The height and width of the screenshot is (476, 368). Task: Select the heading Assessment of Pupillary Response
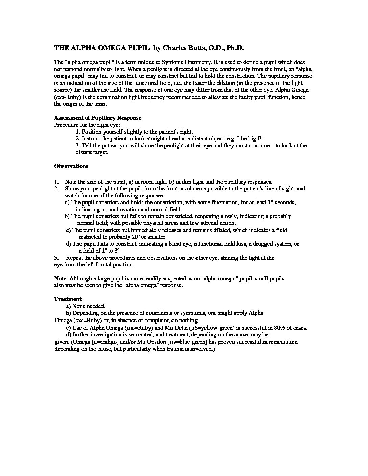(97, 118)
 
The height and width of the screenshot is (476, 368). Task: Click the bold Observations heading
(71, 166)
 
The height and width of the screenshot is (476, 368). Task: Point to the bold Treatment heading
(68, 299)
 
